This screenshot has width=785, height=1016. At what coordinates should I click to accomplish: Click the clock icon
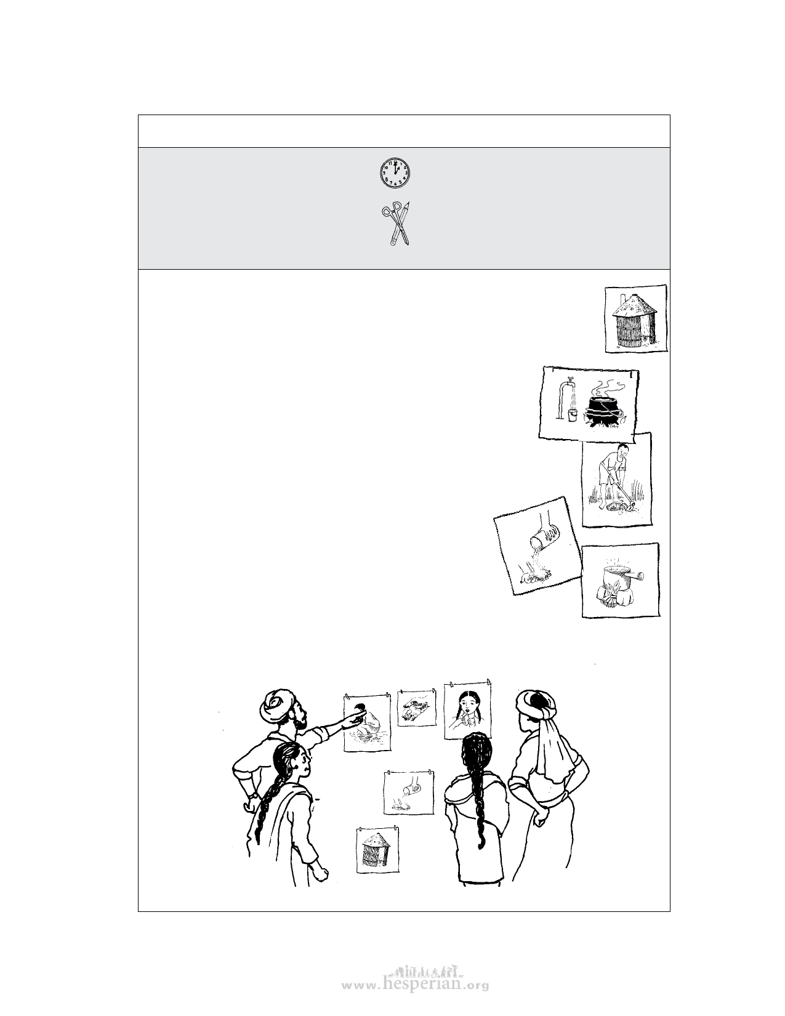pyautogui.click(x=395, y=173)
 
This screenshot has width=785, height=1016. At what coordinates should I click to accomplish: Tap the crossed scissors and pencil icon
pyautogui.click(x=395, y=224)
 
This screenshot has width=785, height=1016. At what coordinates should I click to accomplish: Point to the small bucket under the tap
pyautogui.click(x=572, y=414)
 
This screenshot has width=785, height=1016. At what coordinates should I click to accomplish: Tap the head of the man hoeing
pyautogui.click(x=622, y=452)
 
